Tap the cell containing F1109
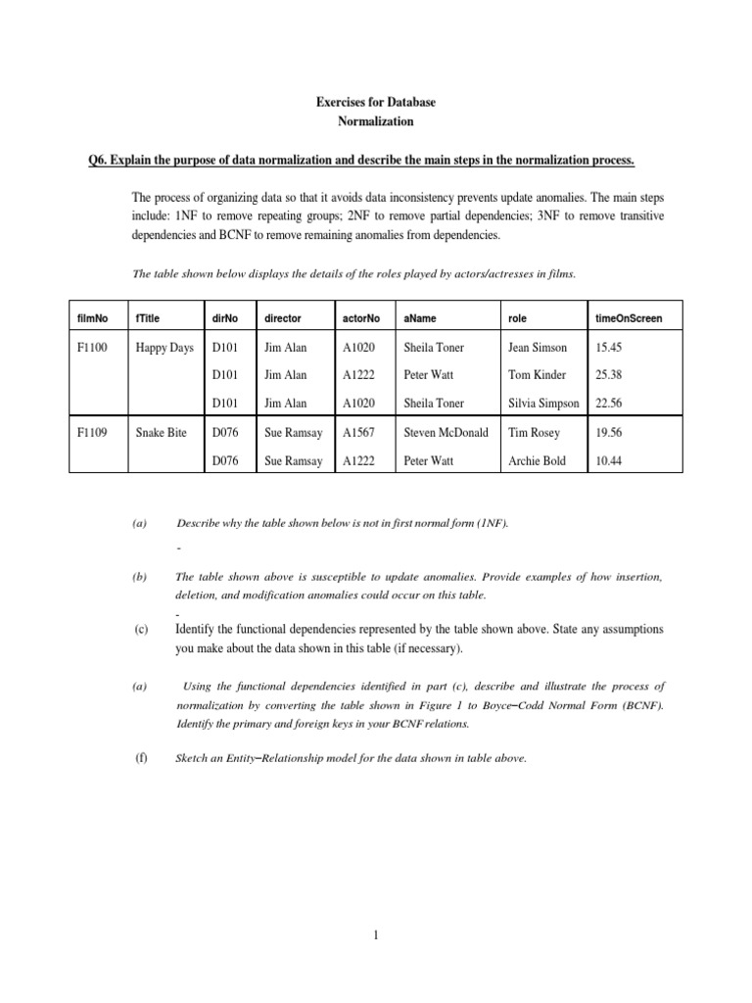pyautogui.click(x=95, y=432)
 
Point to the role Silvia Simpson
pyautogui.click(x=543, y=403)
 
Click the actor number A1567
pyautogui.click(x=360, y=432)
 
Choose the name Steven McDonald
pyautogui.click(x=446, y=432)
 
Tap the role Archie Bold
pyautogui.click(x=537, y=461)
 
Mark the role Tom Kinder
pyautogui.click(x=538, y=375)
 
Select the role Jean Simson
pyautogui.click(x=538, y=348)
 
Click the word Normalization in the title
pyautogui.click(x=375, y=121)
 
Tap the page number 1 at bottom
pyautogui.click(x=376, y=935)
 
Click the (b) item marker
pyautogui.click(x=139, y=578)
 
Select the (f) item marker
pyautogui.click(x=139, y=755)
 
